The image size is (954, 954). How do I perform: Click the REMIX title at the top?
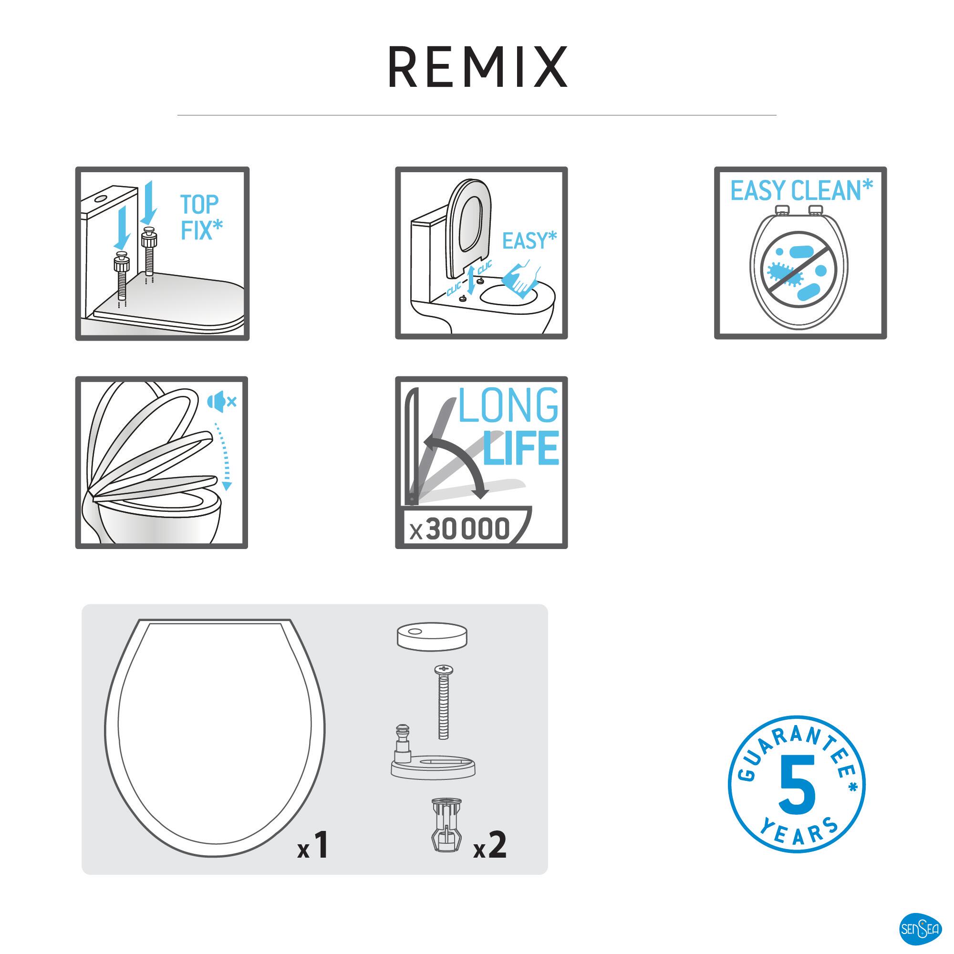pyautogui.click(x=477, y=67)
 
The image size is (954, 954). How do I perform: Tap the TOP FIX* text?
pyautogui.click(x=201, y=217)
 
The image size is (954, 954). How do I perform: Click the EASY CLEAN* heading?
pyautogui.click(x=801, y=191)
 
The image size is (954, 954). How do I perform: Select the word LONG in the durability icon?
pyautogui.click(x=508, y=405)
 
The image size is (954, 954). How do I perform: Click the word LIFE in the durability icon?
pyautogui.click(x=521, y=448)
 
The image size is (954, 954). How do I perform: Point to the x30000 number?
pyautogui.click(x=459, y=529)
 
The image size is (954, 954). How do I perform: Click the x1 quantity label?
pyautogui.click(x=313, y=845)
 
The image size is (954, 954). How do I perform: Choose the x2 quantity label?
pyautogui.click(x=490, y=845)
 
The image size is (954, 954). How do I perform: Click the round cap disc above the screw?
pyautogui.click(x=432, y=636)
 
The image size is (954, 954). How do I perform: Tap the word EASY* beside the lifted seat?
pyautogui.click(x=529, y=241)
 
